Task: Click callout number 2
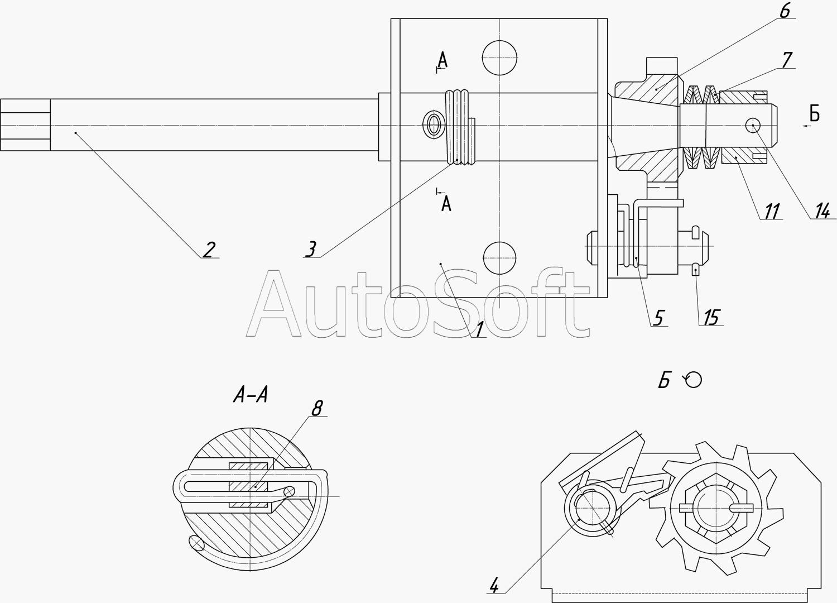[208, 250]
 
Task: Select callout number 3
[311, 248]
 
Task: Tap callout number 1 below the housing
[478, 329]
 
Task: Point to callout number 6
[784, 11]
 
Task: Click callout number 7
[787, 60]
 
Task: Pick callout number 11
[772, 211]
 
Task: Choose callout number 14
[821, 211]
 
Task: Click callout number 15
[711, 317]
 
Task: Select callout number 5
[658, 318]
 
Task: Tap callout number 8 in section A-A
[316, 409]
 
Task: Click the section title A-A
[251, 396]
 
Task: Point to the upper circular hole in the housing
[499, 58]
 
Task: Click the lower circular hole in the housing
[499, 259]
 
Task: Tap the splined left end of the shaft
[25, 125]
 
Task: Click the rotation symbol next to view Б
[693, 380]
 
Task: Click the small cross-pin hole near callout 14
[753, 125]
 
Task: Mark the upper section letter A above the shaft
[442, 59]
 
